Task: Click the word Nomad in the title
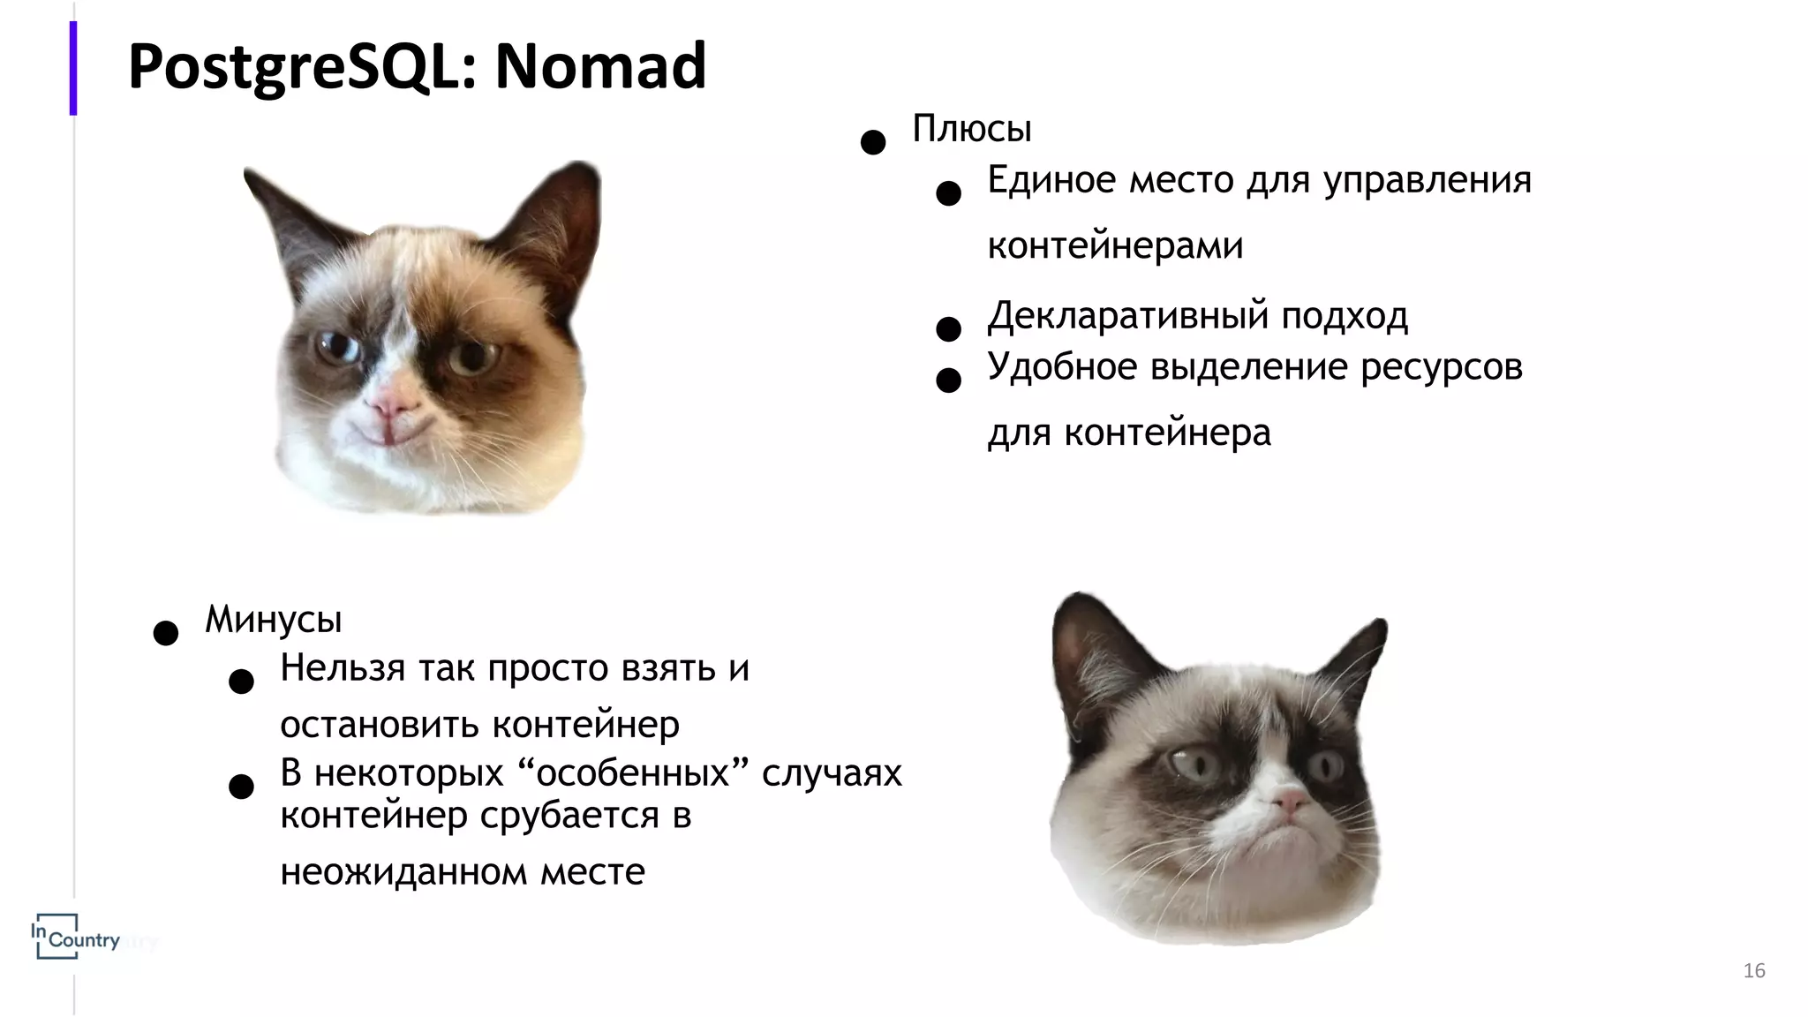pos(600,66)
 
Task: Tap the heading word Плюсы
pos(971,130)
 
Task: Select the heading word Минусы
pos(273,620)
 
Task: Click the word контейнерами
pos(1115,245)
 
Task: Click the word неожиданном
pos(403,872)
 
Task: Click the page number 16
pos(1754,971)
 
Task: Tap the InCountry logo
pos(74,938)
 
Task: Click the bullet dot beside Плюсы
pos(873,143)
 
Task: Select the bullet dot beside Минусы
pos(166,633)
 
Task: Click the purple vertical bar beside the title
pos(73,68)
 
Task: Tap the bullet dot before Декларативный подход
pos(948,329)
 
